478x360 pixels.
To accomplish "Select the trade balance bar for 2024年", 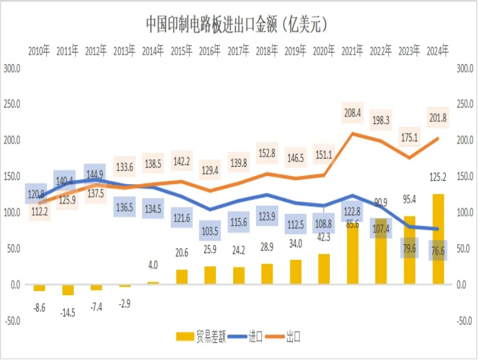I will (x=438, y=239).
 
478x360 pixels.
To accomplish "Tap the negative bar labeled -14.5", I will (x=68, y=290).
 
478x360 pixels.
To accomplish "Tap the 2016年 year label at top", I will (x=210, y=50).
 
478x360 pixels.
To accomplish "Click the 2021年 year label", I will (x=352, y=50).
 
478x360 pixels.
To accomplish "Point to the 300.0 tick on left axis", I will (x=12, y=68).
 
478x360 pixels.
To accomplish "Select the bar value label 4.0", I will (x=153, y=265).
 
